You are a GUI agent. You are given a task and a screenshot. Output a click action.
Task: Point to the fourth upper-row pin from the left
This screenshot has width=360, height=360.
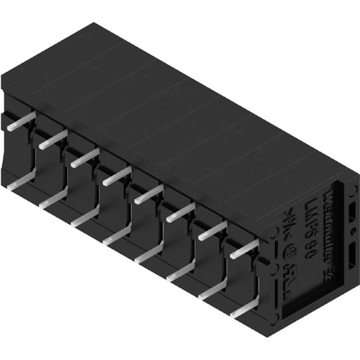click(x=116, y=175)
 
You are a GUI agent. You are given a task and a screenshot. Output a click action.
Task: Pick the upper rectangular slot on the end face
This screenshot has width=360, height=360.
click(x=350, y=212)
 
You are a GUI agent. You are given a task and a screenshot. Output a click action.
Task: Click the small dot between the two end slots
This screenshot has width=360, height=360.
click(x=350, y=234)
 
